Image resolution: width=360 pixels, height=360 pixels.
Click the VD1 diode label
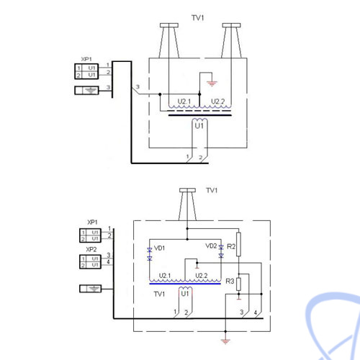[159, 248]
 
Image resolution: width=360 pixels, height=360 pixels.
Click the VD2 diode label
[211, 246]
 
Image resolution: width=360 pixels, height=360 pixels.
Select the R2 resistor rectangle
[238, 244]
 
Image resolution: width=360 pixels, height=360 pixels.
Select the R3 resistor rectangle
[238, 284]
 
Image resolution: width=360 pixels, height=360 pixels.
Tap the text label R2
[231, 246]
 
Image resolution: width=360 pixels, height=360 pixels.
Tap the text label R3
[230, 281]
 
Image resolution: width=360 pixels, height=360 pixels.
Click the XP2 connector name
[91, 249]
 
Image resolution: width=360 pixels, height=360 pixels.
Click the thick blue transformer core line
[185, 284]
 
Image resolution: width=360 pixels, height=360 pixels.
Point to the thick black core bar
[200, 115]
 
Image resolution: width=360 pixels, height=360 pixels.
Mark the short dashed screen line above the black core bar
[199, 111]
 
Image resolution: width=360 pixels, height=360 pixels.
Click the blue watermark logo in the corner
[333, 326]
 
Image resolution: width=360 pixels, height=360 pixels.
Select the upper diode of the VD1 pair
[150, 250]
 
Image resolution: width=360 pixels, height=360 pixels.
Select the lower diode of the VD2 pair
[221, 256]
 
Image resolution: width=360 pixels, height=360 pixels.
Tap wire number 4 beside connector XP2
[108, 261]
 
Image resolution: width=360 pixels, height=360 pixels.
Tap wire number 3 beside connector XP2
[109, 255]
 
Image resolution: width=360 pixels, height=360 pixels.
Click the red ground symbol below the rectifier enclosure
[225, 341]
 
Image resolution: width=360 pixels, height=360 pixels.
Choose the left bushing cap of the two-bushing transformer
[169, 25]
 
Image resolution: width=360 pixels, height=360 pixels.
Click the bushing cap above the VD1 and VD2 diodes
[187, 190]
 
